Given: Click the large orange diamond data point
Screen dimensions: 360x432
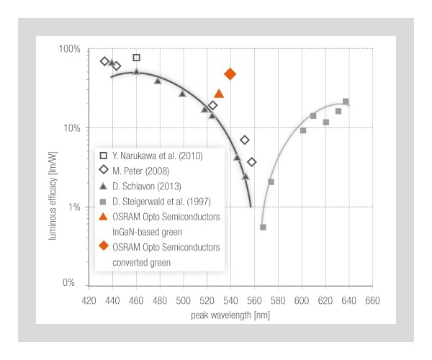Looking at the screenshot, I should coord(230,74).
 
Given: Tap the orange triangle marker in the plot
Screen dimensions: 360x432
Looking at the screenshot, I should coord(219,94).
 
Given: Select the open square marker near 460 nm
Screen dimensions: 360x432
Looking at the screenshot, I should coord(137,58).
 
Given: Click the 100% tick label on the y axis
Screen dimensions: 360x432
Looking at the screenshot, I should coord(69,50).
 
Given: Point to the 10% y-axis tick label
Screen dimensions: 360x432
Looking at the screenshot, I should coord(71,128).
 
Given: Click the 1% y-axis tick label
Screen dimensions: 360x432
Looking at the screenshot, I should coord(73,207).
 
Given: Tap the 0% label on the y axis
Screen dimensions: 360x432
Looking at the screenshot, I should coord(73,284).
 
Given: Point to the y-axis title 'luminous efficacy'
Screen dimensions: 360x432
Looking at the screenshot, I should coord(53,166).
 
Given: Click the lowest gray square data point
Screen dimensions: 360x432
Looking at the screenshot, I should coord(263,228).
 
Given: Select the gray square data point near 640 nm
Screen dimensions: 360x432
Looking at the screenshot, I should coord(346,102).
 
